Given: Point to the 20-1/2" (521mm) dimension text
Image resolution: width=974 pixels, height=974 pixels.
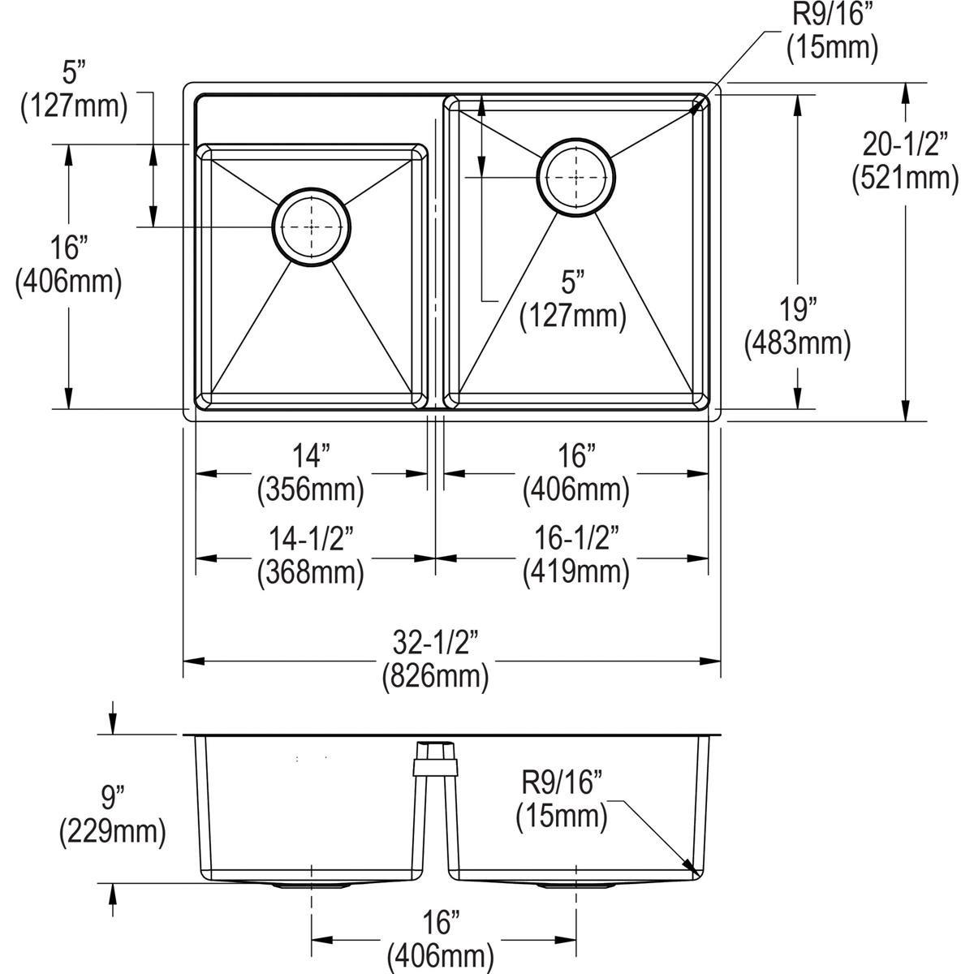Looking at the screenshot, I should (905, 162).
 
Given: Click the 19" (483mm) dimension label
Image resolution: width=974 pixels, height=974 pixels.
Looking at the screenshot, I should (798, 327).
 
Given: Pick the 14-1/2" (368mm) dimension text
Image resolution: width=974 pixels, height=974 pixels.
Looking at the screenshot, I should (311, 556).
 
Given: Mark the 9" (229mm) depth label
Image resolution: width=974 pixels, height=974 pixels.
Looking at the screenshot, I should (112, 814).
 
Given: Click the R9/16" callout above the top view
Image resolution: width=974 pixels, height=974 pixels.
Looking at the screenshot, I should (832, 32).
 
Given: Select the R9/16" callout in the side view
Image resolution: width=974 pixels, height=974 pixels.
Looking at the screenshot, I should (562, 799).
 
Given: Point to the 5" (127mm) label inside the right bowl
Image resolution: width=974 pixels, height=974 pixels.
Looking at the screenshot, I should (573, 300).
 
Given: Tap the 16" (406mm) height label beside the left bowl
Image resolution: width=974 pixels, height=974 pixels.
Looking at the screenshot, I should (68, 264).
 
